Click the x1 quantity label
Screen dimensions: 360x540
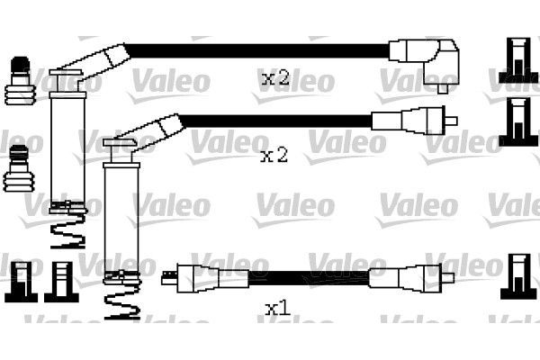277,310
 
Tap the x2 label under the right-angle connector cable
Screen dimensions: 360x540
274,79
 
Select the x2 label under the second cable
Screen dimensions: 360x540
274,156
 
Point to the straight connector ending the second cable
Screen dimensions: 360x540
415,121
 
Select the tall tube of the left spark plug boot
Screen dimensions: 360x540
64,144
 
